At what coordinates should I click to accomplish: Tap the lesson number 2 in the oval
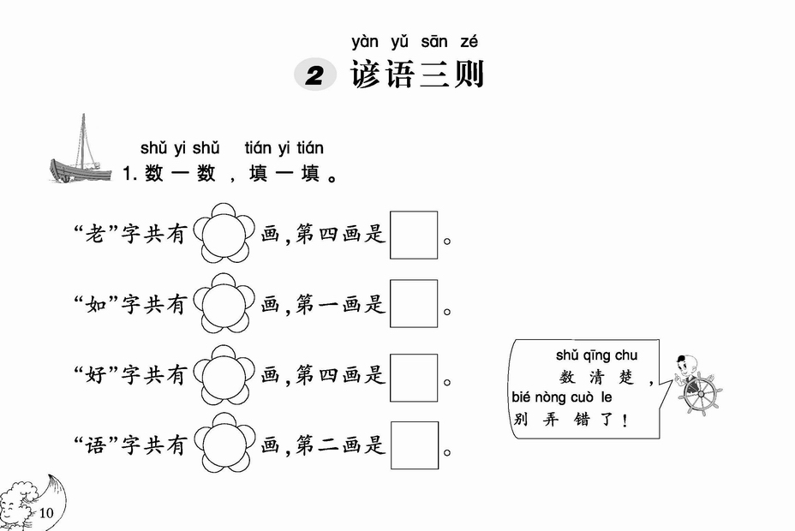tap(315, 75)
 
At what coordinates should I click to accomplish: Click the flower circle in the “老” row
tap(224, 234)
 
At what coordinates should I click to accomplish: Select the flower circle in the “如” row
tap(224, 303)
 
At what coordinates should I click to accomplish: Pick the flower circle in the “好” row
tap(224, 375)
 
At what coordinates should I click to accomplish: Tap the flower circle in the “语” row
tap(224, 443)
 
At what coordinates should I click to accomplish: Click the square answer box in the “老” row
tap(414, 236)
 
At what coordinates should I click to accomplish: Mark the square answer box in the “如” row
tap(414, 303)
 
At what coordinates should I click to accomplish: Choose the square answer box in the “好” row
tap(414, 378)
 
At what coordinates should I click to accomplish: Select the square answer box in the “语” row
tap(415, 445)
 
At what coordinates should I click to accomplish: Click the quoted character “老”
tap(94, 234)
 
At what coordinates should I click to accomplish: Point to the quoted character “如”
tap(95, 305)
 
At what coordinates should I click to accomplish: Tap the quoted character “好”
tap(95, 375)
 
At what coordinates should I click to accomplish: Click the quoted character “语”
tap(95, 445)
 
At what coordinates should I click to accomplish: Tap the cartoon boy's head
tap(687, 366)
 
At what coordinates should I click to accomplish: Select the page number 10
tap(45, 513)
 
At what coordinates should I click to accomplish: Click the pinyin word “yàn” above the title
tap(365, 42)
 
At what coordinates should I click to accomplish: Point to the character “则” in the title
tap(469, 75)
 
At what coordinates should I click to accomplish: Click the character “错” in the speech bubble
tap(582, 420)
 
